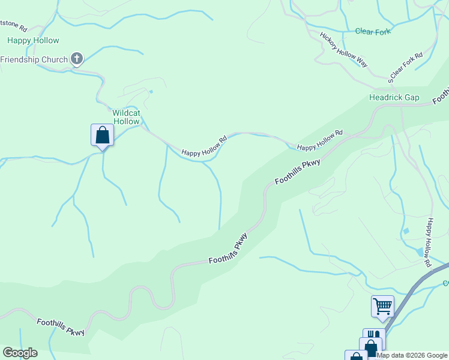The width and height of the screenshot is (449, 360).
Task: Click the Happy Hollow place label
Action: click(33, 41)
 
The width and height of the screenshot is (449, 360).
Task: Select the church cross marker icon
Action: click(76, 59)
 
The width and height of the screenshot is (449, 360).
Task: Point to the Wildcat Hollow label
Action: click(126, 117)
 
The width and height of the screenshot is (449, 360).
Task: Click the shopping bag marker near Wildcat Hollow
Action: click(103, 135)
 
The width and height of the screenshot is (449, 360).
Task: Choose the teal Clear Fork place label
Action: click(373, 31)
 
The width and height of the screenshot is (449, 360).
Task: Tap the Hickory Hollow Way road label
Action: click(343, 49)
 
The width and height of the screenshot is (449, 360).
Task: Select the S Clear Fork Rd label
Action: click(406, 67)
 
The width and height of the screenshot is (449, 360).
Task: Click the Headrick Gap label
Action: click(394, 97)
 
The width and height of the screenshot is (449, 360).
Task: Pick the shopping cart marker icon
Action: click(382, 306)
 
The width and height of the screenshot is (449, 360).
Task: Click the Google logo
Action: click(20, 353)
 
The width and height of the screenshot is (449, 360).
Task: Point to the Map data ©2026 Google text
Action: click(412, 355)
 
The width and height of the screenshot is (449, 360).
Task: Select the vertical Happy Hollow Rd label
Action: click(428, 242)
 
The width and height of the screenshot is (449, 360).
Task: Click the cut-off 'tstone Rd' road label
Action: click(14, 28)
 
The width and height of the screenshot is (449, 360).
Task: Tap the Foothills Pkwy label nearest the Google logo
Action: click(61, 327)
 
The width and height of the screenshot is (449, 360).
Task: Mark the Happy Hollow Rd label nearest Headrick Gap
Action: click(319, 140)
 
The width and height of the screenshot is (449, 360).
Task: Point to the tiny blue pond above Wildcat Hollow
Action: click(151, 92)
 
